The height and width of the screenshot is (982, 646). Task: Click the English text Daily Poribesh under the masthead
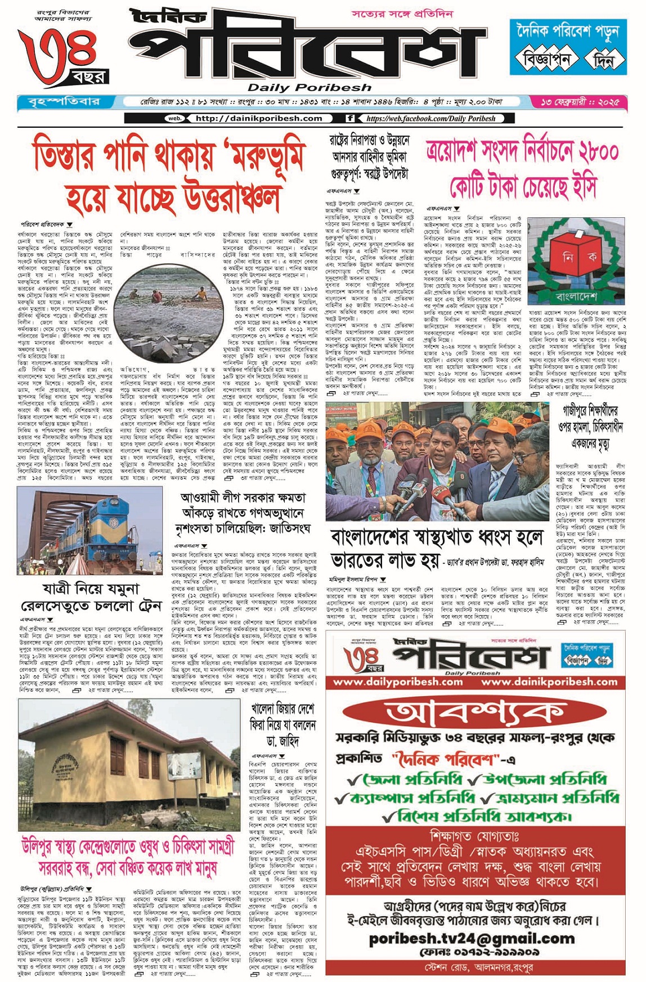309,87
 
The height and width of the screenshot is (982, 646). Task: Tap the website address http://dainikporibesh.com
258,118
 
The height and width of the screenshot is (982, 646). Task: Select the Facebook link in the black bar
430,118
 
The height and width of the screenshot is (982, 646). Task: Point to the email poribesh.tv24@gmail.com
472,938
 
